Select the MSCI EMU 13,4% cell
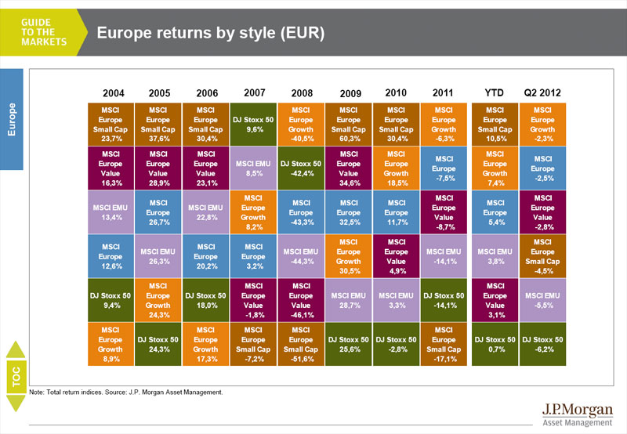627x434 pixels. pos(111,212)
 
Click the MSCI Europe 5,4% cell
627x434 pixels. pos(495,212)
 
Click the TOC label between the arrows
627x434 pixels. pos(15,377)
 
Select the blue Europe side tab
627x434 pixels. pos(13,118)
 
